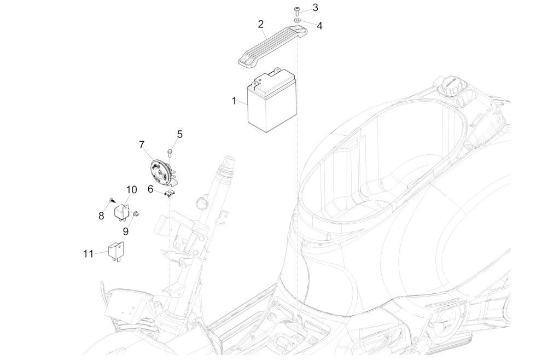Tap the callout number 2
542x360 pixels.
(260, 24)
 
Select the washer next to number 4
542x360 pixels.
(298, 20)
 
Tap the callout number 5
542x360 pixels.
(180, 133)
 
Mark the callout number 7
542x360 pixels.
(142, 144)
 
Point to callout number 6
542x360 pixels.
(150, 189)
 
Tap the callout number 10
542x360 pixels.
(131, 190)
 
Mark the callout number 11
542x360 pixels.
(89, 253)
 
